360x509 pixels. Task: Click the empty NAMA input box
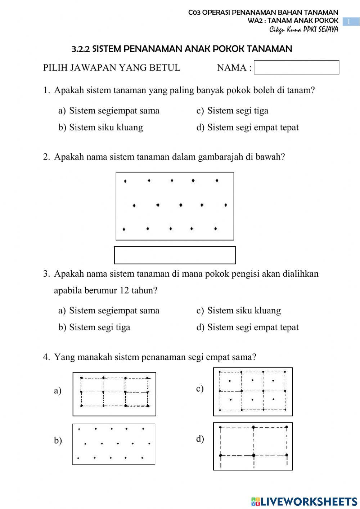(296, 67)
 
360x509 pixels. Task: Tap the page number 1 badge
(348, 22)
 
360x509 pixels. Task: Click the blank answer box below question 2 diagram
(175, 255)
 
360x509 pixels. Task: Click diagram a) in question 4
(114, 394)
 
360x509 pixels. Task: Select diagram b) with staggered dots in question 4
(114, 444)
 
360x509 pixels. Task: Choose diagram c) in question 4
(253, 392)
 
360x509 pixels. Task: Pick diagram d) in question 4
(253, 446)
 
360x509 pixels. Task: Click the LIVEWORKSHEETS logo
(304, 501)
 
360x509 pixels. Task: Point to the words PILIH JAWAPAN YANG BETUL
(112, 68)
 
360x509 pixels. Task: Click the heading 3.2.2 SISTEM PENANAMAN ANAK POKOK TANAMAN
(182, 49)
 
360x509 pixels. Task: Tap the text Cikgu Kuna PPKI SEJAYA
(303, 30)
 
